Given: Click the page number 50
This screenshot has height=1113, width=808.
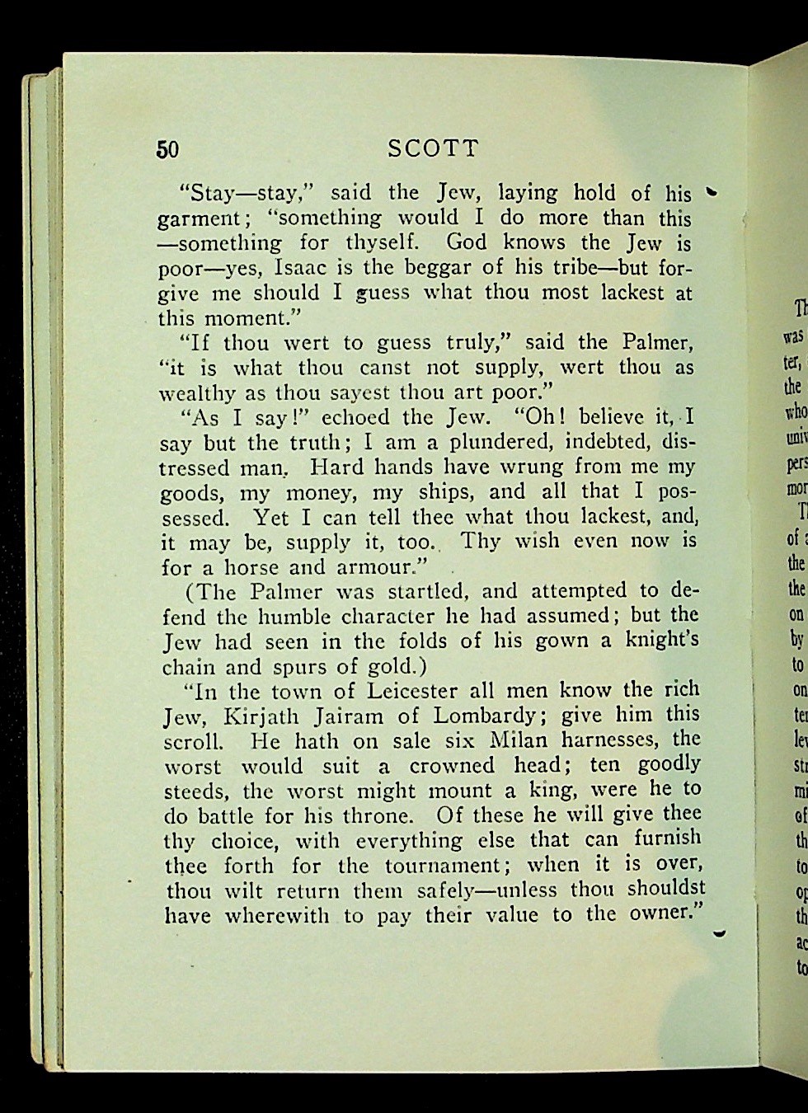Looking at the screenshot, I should [x=167, y=149].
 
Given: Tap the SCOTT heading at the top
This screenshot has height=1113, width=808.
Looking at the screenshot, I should [x=433, y=148].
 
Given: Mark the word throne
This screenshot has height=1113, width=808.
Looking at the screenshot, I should [x=378, y=815].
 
